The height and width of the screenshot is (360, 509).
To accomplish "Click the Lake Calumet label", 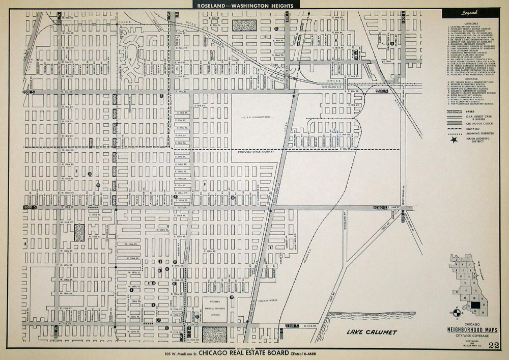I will [x=372, y=333].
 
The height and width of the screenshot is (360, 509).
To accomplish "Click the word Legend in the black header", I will [x=469, y=12].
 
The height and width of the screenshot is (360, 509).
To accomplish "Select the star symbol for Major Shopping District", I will [x=453, y=139].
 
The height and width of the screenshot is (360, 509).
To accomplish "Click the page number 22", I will [x=493, y=346].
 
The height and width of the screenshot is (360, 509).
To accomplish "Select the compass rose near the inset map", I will [x=456, y=312].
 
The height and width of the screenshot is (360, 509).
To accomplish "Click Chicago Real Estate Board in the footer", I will [x=243, y=353].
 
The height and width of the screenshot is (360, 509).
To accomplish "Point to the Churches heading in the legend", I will [x=469, y=22].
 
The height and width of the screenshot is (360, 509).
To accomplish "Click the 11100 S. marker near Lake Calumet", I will [x=292, y=325].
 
